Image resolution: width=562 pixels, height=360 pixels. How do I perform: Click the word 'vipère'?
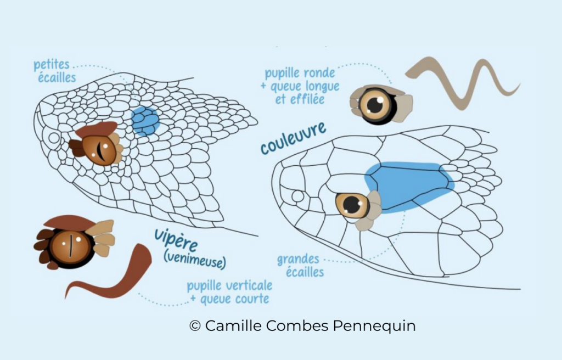tap(176, 240)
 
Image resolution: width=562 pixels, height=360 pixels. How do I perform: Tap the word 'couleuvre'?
tap(293, 139)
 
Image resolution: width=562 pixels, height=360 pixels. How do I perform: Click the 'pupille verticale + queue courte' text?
tap(229, 292)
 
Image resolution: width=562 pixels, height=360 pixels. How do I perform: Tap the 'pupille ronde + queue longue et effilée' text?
tap(302, 86)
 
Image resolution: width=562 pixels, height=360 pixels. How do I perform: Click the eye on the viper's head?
tap(100, 148)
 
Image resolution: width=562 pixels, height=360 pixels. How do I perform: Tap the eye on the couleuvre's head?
tap(352, 205)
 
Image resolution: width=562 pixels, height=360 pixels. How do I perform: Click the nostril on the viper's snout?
tap(54, 137)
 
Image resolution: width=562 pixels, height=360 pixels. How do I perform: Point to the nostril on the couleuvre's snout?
tap(298, 196)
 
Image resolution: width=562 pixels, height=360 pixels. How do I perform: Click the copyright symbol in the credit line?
tap(195, 326)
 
